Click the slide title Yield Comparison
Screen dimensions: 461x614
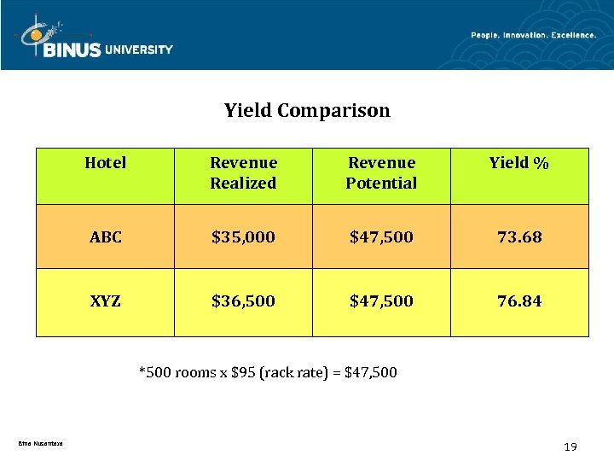pyautogui.click(x=307, y=110)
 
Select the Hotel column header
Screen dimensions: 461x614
pyautogui.click(x=106, y=162)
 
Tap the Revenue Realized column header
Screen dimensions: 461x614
pyautogui.click(x=243, y=172)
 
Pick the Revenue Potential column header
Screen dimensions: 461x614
pyautogui.click(x=381, y=172)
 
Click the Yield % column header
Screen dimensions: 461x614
pyautogui.click(x=518, y=162)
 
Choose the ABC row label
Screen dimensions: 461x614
pyautogui.click(x=106, y=237)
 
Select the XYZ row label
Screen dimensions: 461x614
pyautogui.click(x=106, y=301)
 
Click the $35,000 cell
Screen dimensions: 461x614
pyautogui.click(x=243, y=237)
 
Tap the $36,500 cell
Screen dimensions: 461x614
pyautogui.click(x=243, y=301)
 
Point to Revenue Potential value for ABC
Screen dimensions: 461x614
pyautogui.click(x=381, y=237)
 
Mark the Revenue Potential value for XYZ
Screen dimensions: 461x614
pyautogui.click(x=381, y=301)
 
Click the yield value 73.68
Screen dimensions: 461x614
pyautogui.click(x=518, y=237)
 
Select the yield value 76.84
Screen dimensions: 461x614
pyautogui.click(x=518, y=301)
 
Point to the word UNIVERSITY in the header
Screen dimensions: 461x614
pyautogui.click(x=138, y=50)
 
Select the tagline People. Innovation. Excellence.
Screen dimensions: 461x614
pyautogui.click(x=533, y=35)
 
